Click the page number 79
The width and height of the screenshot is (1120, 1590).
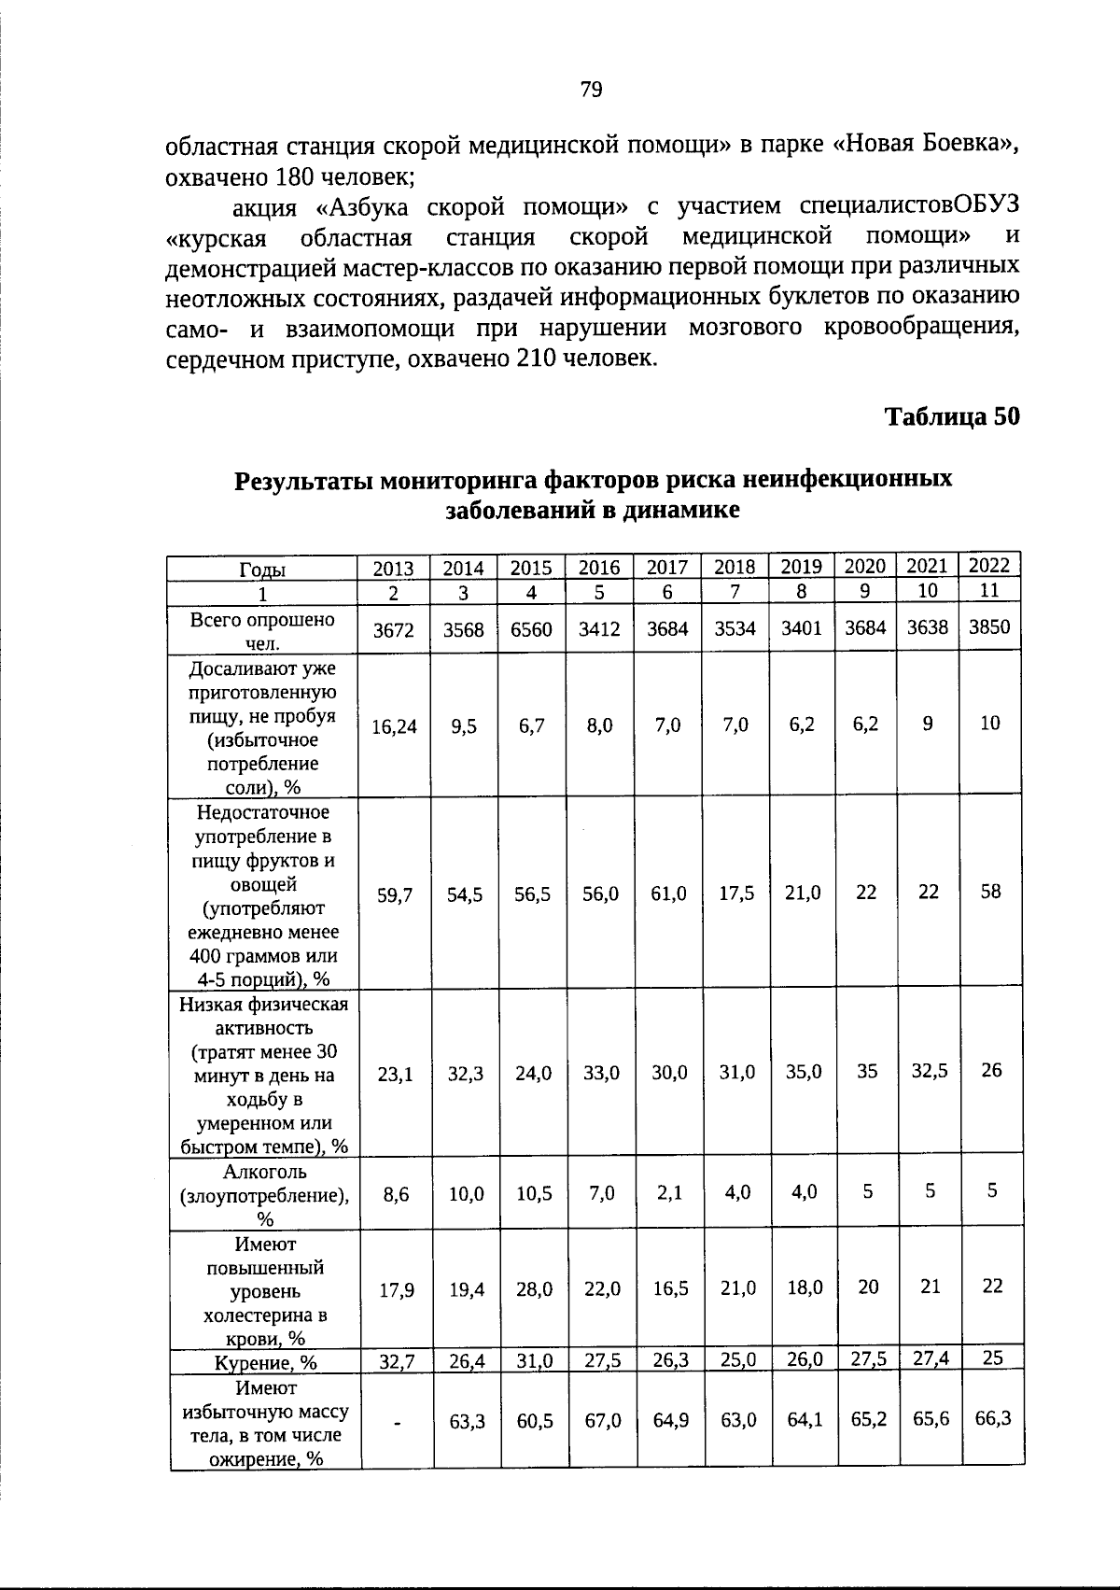592,90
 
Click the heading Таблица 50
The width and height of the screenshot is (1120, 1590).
952,416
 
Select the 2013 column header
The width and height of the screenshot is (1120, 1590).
393,569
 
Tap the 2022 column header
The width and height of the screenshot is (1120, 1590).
989,565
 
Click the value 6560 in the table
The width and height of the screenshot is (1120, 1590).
531,629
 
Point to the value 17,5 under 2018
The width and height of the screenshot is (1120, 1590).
736,893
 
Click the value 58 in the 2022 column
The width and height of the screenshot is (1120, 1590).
990,892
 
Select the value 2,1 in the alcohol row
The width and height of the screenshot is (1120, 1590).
668,1192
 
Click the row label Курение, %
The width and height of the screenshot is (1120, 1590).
266,1362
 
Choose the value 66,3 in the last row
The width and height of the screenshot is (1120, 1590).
992,1419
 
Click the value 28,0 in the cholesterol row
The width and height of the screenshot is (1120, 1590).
534,1289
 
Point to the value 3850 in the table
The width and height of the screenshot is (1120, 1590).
989,627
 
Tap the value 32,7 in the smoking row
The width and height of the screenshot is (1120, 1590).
397,1362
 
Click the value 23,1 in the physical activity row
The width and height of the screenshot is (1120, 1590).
395,1075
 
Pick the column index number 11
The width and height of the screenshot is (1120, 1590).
989,590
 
